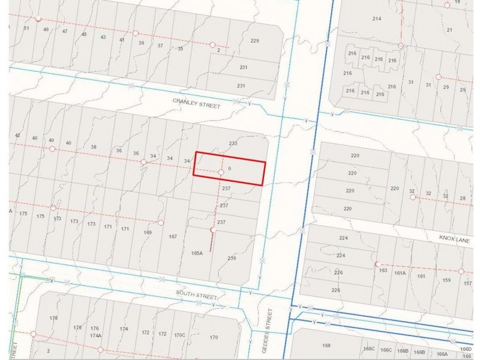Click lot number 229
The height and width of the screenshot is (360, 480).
pos(254,41)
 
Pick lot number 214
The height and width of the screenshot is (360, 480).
pos(377,19)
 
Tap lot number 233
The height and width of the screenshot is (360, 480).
pos(233,143)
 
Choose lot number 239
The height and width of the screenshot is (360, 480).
pos(232,258)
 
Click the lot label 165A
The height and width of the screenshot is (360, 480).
pos(197,253)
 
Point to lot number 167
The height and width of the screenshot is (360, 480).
pos(173,236)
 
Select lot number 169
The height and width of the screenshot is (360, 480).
pos(148,232)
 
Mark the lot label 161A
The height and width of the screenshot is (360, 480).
pos(400,273)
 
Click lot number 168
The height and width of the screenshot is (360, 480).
pos(326,345)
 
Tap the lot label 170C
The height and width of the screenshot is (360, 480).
pos(179,335)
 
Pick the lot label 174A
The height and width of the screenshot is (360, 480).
pos(95,335)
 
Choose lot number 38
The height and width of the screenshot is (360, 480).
pos(94,147)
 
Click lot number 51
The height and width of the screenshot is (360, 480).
pos(26,28)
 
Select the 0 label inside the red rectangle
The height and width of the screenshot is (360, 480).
pos(230,169)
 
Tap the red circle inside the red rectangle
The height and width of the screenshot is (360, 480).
pos(221,172)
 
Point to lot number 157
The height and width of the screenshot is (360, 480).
pos(468,283)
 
